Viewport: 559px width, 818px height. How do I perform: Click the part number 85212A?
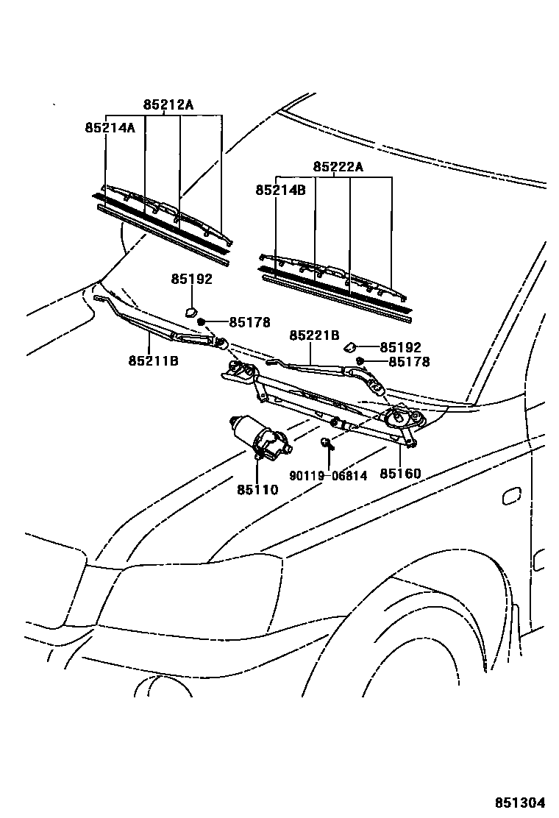click(x=168, y=104)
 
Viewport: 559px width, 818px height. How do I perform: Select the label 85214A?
click(x=110, y=127)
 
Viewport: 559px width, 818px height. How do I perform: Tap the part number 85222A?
click(x=338, y=167)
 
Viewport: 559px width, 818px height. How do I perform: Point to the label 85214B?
click(x=280, y=190)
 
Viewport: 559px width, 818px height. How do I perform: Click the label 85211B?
click(x=153, y=361)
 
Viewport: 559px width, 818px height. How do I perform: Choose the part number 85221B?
click(x=314, y=335)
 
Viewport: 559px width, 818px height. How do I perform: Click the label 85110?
click(x=257, y=489)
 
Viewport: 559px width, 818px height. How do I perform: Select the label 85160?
click(x=400, y=474)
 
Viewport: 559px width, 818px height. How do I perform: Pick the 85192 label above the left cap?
click(x=191, y=279)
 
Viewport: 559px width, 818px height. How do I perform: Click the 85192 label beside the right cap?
click(x=400, y=347)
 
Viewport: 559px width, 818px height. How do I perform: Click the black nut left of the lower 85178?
click(x=361, y=360)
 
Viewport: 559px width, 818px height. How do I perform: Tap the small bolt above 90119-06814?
click(x=325, y=443)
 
